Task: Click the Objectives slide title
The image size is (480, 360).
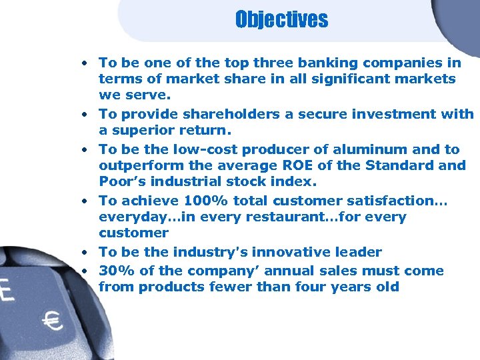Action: (281, 19)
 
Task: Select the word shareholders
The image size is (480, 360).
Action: (231, 115)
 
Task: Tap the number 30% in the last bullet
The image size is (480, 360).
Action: (114, 271)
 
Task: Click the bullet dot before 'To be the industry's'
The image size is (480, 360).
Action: (86, 252)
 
